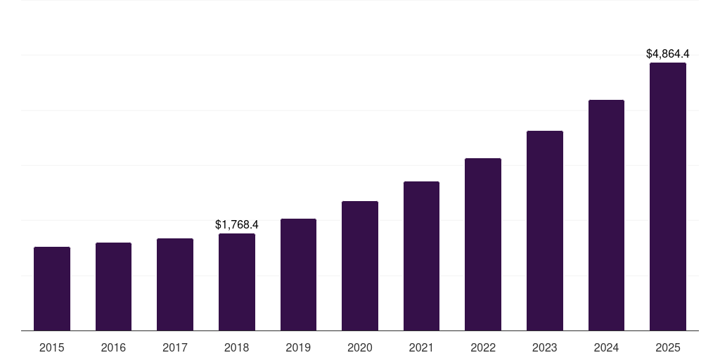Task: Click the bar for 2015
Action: pos(52,288)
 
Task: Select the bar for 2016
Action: pos(113,286)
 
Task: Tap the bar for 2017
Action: pos(175,284)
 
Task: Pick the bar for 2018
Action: pos(237,281)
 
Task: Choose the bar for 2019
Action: pos(298,274)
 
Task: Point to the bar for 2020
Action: pos(360,266)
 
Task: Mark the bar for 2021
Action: pos(421,256)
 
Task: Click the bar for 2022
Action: pos(483,244)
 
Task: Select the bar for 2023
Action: pos(545,231)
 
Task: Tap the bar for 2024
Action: pos(606,215)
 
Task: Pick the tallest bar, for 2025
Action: pos(668,197)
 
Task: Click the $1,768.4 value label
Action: pos(237,225)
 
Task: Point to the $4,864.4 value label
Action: pos(668,53)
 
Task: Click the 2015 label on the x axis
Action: pos(52,347)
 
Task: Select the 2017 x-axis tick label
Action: pos(175,347)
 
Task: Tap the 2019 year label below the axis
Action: pos(298,347)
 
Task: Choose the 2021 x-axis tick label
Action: pos(421,347)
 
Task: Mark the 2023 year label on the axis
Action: pos(545,347)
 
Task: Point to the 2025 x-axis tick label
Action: pos(668,347)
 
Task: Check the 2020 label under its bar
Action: pos(360,347)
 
